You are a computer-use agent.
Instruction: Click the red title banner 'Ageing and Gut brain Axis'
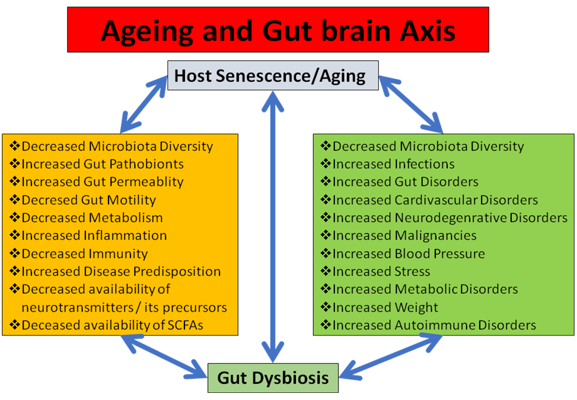pos(278,30)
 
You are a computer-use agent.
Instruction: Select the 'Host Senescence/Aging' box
pos(273,75)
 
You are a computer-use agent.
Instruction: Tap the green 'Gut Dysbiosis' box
pos(273,378)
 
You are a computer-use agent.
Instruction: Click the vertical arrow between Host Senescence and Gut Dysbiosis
pos(273,227)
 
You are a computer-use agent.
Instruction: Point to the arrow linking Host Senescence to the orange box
pos(144,104)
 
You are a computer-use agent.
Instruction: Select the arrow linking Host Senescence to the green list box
pos(411,104)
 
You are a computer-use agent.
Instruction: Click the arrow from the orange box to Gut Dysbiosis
pos(164,356)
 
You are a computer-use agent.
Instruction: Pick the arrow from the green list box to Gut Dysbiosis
pos(391,356)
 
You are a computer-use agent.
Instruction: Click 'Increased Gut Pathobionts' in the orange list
pos(103,164)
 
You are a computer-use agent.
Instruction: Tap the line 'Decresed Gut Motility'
pos(89,200)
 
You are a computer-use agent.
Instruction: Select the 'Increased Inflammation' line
pos(94,235)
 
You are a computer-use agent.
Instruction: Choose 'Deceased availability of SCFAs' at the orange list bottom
pos(112,325)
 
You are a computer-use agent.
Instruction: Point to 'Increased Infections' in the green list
pos(393,164)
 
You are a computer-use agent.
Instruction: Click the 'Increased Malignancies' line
pos(404,236)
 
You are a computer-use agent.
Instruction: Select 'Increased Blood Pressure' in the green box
pos(409,254)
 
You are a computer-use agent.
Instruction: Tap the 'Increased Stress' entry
pos(381,271)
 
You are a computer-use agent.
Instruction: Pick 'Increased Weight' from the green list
pos(385,308)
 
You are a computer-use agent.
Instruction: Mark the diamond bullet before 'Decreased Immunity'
pos(15,253)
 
